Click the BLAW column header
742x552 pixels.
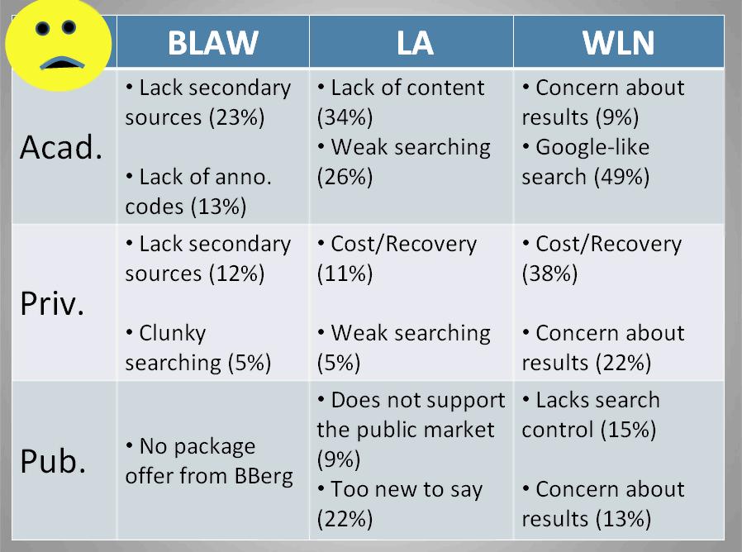(x=212, y=43)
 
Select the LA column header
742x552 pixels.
(x=414, y=43)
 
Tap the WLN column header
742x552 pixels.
(x=619, y=43)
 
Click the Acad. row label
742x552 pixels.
(x=62, y=147)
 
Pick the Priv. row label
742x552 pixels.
(x=53, y=303)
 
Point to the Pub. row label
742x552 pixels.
(x=54, y=460)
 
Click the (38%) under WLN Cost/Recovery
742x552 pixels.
(x=549, y=274)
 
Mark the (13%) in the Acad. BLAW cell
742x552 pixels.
(x=217, y=207)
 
